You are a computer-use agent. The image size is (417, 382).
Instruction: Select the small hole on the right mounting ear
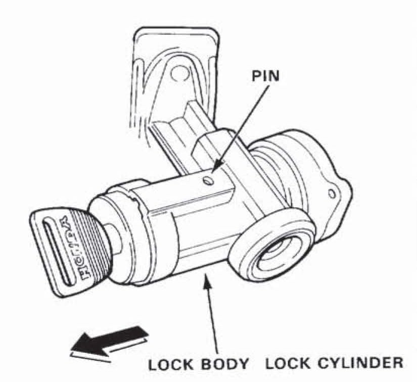pos(332,194)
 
